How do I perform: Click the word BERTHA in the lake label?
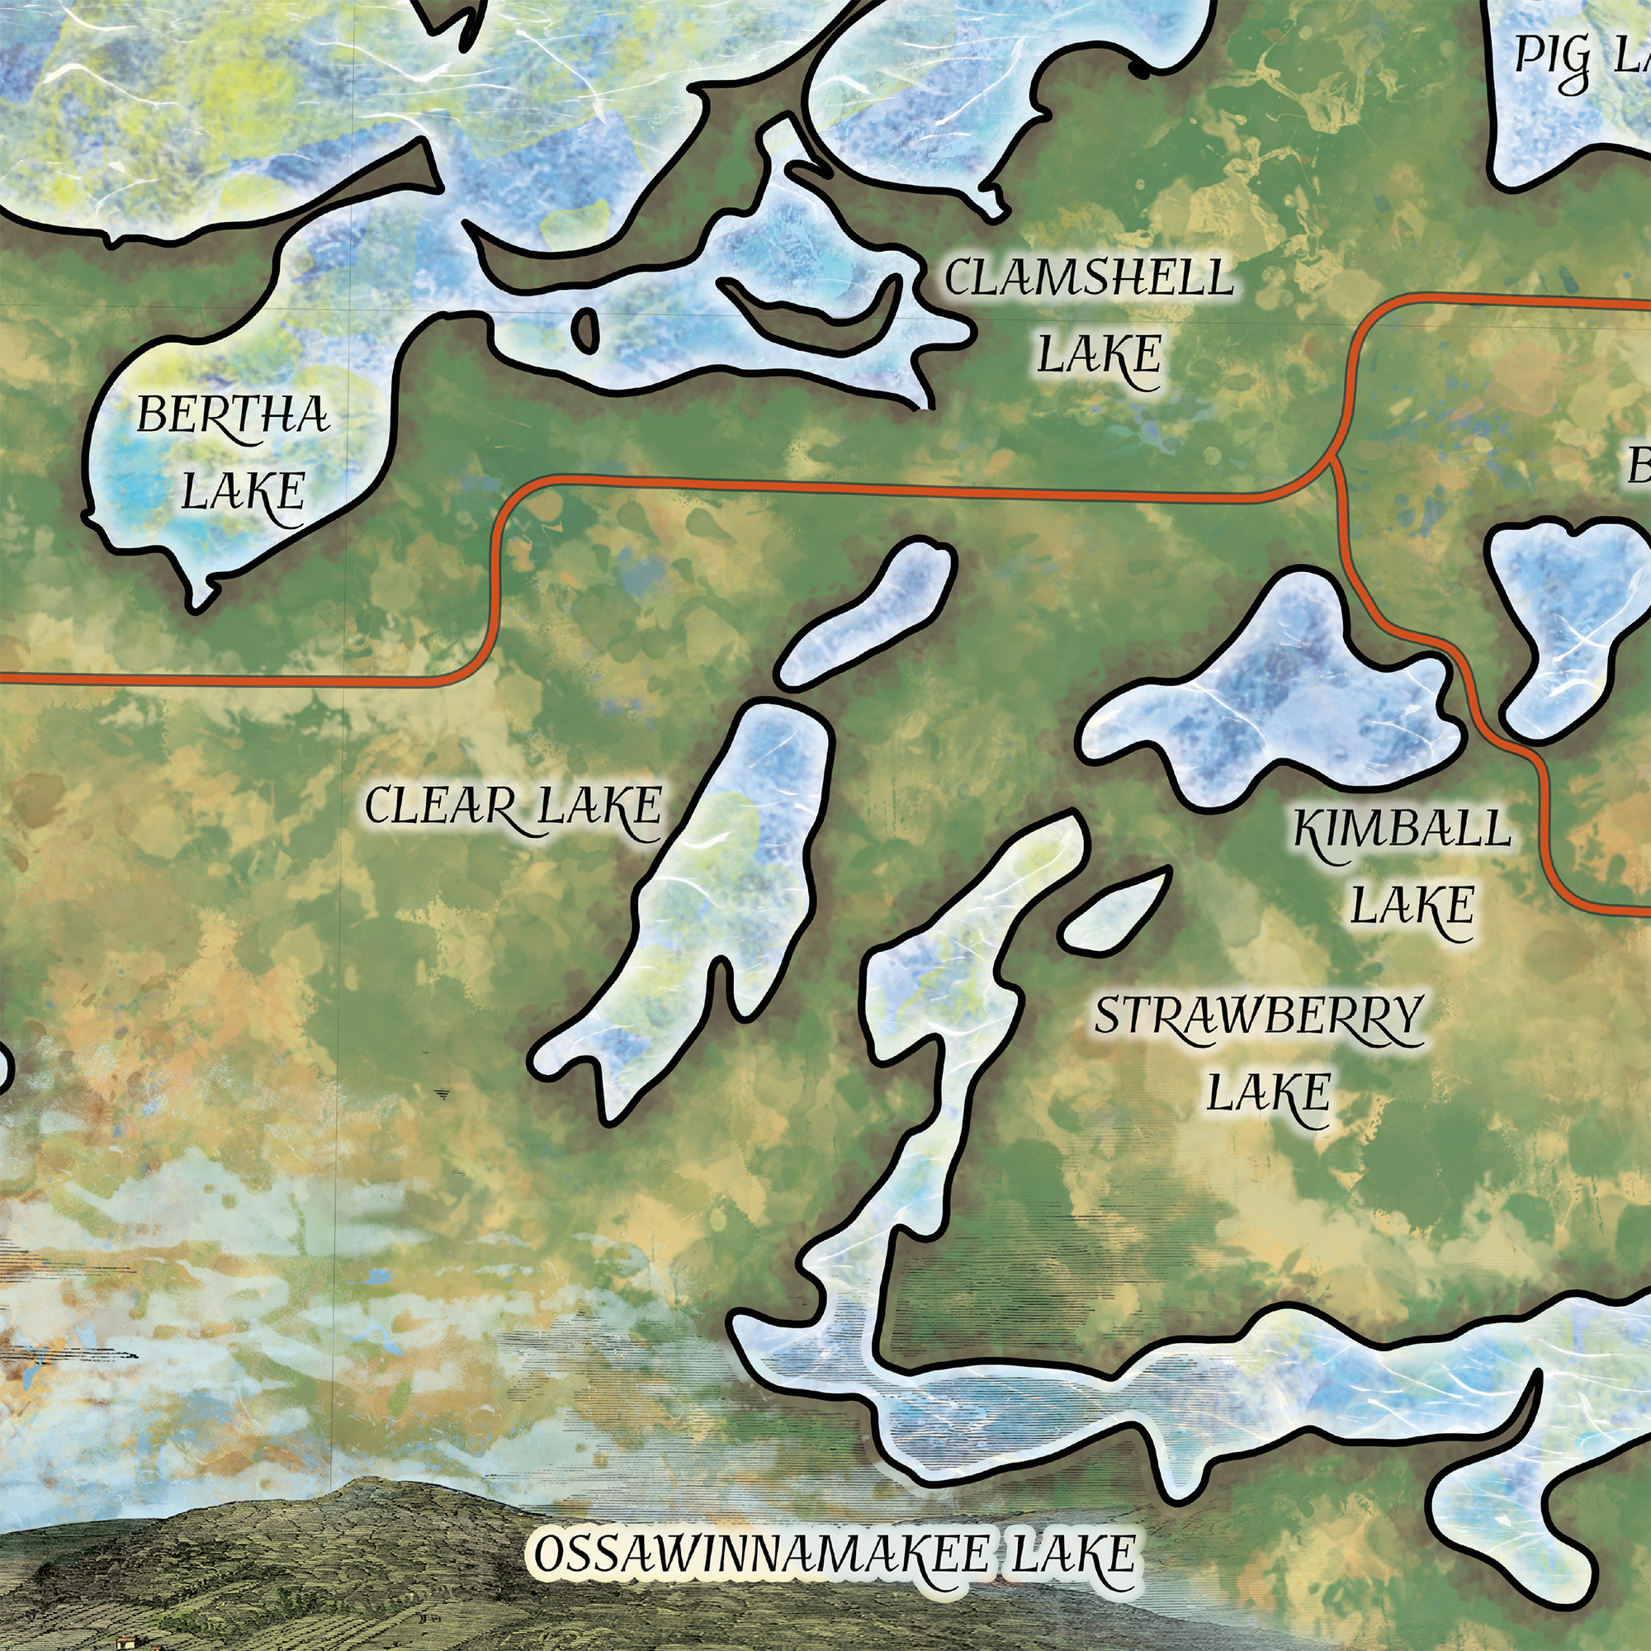[x=234, y=416]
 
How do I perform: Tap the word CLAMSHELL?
[x=1089, y=277]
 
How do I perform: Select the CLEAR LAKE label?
[x=513, y=806]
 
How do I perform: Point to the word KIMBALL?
[x=1402, y=830]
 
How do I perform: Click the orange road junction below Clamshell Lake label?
[x=1331, y=462]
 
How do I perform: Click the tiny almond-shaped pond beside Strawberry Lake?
[x=1114, y=910]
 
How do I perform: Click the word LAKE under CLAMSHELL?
[x=1099, y=355]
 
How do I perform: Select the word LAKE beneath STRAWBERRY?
[x=1268, y=1092]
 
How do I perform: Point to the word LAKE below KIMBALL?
[x=1412, y=906]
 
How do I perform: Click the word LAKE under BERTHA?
[x=244, y=491]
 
